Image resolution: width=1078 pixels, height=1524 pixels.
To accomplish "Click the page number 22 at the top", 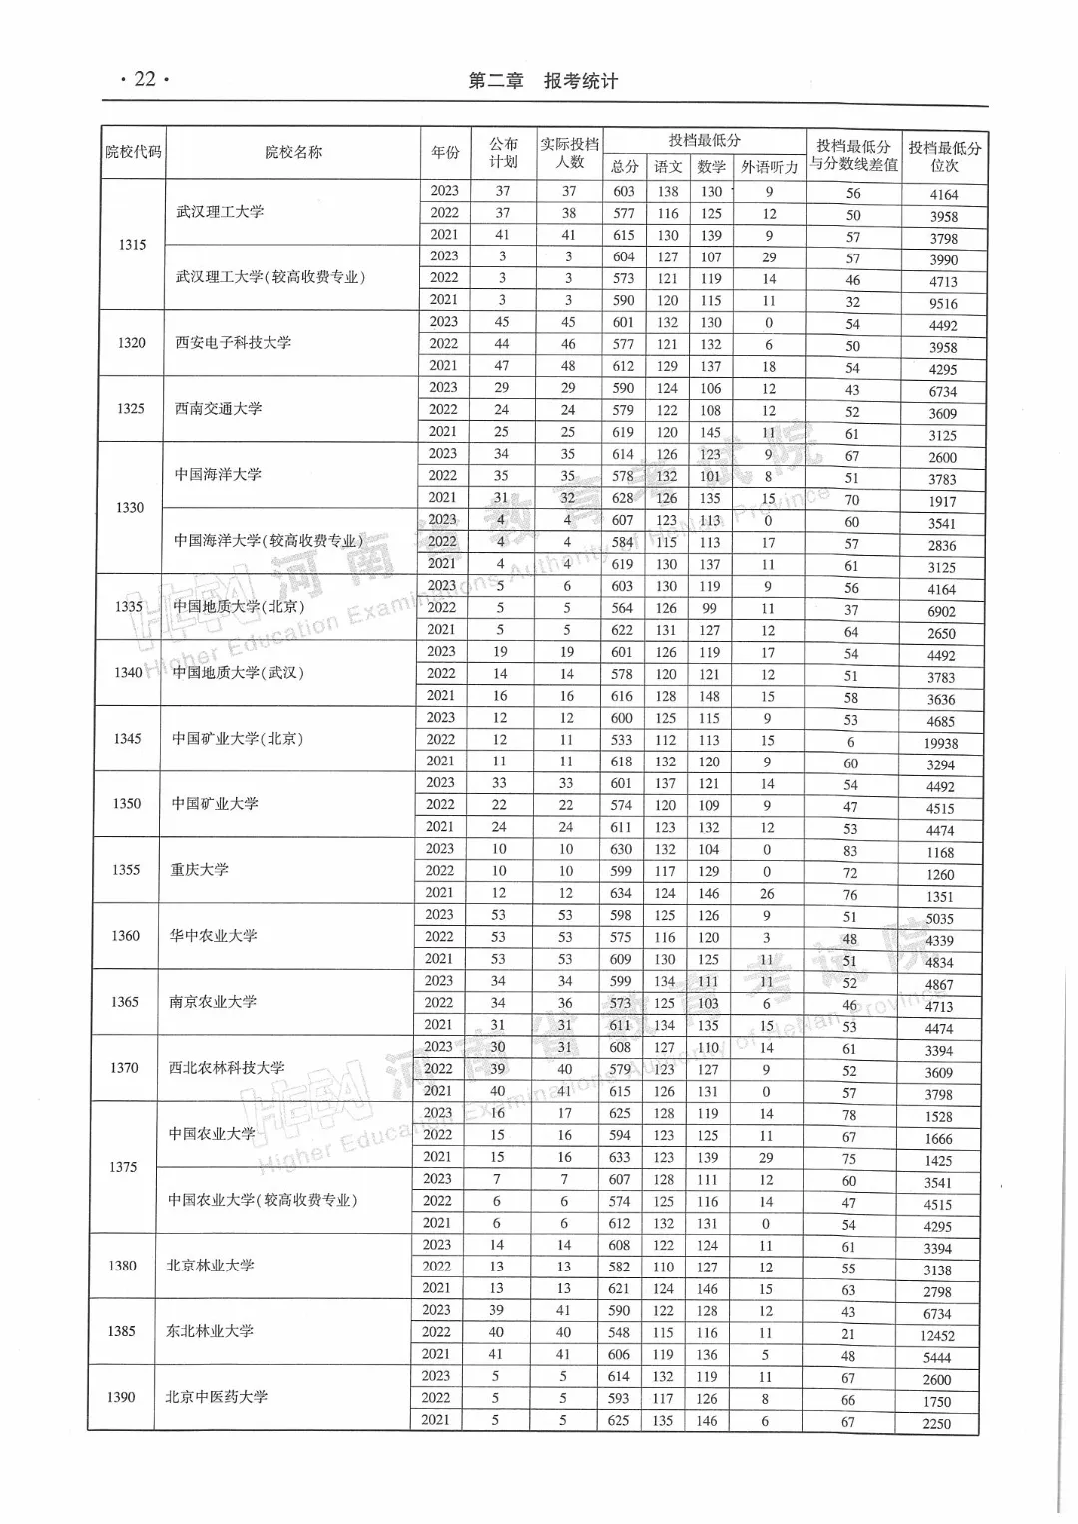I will (x=145, y=79).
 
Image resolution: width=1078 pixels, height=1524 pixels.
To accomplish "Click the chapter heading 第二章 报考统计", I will (x=543, y=81).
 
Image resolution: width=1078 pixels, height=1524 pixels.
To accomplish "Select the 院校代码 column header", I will (x=133, y=152).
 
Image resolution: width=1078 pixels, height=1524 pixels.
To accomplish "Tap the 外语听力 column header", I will (x=769, y=167).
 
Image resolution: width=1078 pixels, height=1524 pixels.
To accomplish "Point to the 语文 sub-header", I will (x=668, y=167).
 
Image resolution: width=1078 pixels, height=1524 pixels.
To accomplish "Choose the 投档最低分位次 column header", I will (x=944, y=156).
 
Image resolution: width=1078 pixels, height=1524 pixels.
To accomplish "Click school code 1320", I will (x=131, y=342).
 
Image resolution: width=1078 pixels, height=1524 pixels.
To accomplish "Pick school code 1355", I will (x=126, y=869).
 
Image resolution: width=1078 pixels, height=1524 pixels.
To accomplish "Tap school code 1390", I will (x=121, y=1396).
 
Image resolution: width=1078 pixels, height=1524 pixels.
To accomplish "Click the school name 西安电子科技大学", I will (x=234, y=342).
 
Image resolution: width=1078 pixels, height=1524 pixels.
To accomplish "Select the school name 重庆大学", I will (x=200, y=869).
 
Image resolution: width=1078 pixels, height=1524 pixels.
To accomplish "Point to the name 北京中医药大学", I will (x=216, y=1396).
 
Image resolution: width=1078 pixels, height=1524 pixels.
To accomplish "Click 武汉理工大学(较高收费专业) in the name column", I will (x=270, y=276).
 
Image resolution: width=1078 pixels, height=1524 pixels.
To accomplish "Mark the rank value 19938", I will (x=940, y=743).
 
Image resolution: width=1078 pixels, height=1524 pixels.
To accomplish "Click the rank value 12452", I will (x=937, y=1335).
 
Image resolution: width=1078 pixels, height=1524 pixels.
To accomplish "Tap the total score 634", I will (x=621, y=893).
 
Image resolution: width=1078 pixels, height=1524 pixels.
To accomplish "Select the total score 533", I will (x=621, y=740).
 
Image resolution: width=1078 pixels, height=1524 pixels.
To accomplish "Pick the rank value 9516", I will (x=943, y=303).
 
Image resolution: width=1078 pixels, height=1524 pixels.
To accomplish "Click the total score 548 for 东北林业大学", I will (x=619, y=1332).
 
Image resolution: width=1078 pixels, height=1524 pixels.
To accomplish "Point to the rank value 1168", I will (x=939, y=852).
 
